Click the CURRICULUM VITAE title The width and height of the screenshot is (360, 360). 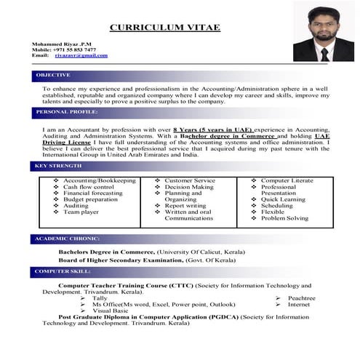click(164, 28)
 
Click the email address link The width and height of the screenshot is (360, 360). click(81, 55)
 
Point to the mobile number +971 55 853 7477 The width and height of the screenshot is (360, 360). click(76, 49)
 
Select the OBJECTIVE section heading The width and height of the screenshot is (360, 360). click(53, 75)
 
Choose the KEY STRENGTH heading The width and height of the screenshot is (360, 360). click(58, 167)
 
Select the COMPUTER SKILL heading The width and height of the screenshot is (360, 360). click(61, 272)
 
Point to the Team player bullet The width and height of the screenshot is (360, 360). click(81, 212)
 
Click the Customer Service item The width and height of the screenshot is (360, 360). click(190, 180)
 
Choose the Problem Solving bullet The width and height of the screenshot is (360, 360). click(284, 218)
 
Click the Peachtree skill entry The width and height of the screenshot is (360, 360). click(301, 297)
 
